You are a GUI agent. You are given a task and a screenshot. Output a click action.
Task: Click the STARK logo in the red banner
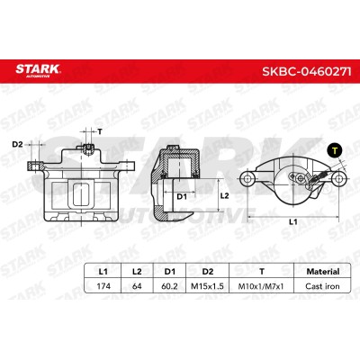tap(38, 71)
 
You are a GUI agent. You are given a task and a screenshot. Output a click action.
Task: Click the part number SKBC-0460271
tap(307, 71)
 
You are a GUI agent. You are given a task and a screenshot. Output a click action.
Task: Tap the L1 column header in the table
tap(103, 272)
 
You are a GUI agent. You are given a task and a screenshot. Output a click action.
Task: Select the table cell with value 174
tap(103, 286)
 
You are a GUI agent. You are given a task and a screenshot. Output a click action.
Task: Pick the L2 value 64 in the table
tap(137, 286)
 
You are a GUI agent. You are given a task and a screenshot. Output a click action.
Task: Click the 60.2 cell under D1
tap(169, 286)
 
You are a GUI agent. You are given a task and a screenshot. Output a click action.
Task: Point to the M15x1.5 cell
tap(208, 286)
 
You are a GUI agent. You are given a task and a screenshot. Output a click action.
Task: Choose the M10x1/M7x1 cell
tap(261, 286)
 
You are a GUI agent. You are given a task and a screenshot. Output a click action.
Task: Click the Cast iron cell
tap(322, 286)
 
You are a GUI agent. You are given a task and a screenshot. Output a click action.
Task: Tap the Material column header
tap(323, 272)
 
